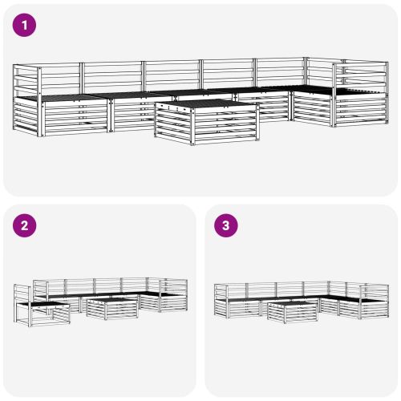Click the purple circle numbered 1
click(25, 26)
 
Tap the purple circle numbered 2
click(25, 226)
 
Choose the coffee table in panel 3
click(292, 310)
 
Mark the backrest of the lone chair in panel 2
click(22, 300)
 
